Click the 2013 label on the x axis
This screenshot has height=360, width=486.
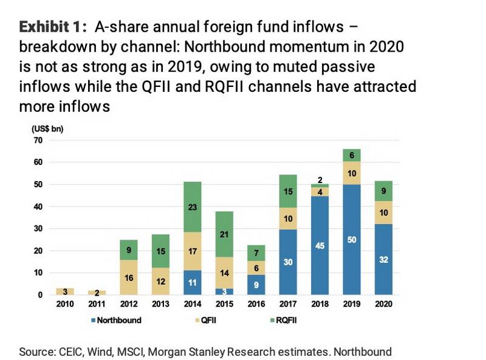point(161,305)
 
